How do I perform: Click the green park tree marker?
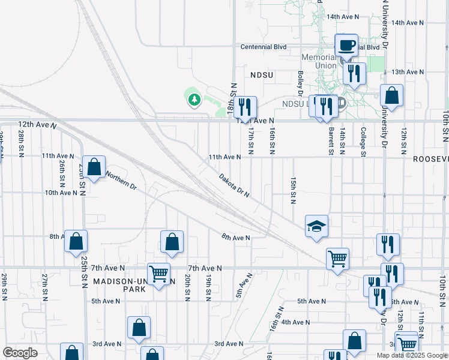tap(193, 99)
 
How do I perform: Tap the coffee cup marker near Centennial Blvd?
tap(346, 46)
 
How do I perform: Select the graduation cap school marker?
tap(316, 226)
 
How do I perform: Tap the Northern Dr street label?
tap(121, 181)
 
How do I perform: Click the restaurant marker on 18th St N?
tap(246, 107)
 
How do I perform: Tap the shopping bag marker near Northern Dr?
tap(94, 167)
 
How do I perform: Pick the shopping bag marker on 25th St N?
tap(76, 241)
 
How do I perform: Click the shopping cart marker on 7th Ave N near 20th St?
tap(158, 274)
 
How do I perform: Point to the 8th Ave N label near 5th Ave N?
tap(235, 238)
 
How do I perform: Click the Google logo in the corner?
tap(20, 352)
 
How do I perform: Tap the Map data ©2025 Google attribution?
tap(412, 355)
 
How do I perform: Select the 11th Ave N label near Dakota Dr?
tap(224, 157)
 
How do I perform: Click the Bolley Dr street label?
tap(300, 83)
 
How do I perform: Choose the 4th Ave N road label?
tap(295, 322)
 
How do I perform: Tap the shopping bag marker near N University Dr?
tap(391, 95)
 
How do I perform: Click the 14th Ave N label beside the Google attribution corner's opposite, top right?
tap(407, 22)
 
